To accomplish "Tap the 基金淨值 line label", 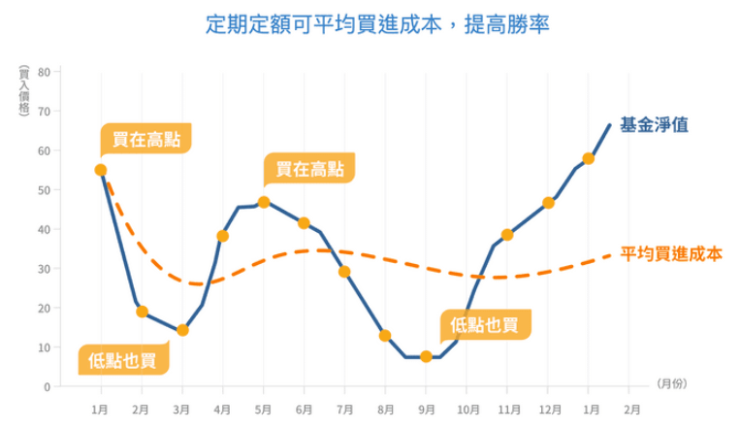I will click(654, 125).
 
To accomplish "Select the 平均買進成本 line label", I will click(671, 254).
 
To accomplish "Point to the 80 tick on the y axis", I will click(44, 72).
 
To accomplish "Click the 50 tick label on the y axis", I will click(44, 190).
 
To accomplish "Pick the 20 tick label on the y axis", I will click(44, 308).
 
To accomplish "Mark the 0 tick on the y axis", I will click(47, 386).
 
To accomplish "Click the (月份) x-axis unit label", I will click(671, 383).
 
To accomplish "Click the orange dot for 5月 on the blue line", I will click(264, 202).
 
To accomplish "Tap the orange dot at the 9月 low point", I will click(426, 356).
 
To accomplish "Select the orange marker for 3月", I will click(182, 330).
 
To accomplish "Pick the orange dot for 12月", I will click(548, 203).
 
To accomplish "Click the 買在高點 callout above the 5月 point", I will click(308, 170).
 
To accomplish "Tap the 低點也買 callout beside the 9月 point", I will click(485, 324).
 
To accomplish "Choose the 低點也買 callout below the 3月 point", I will click(122, 360).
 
